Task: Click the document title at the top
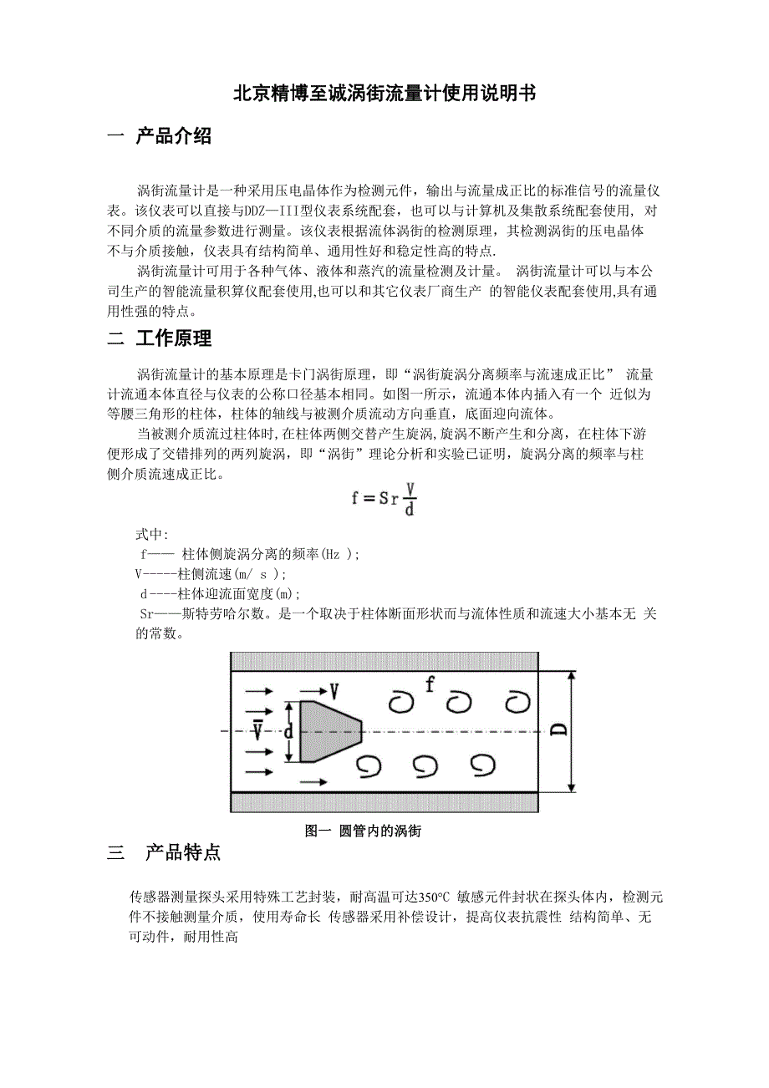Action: [x=384, y=94]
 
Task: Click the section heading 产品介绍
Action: [x=173, y=136]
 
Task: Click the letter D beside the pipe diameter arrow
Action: [x=559, y=730]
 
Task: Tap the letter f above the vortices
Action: [x=430, y=685]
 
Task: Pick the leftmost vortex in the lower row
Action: [x=369, y=764]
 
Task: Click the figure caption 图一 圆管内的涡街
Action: [x=363, y=831]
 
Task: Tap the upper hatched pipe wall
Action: [x=384, y=661]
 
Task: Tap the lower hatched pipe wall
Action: [x=384, y=802]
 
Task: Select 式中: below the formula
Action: [x=151, y=535]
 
